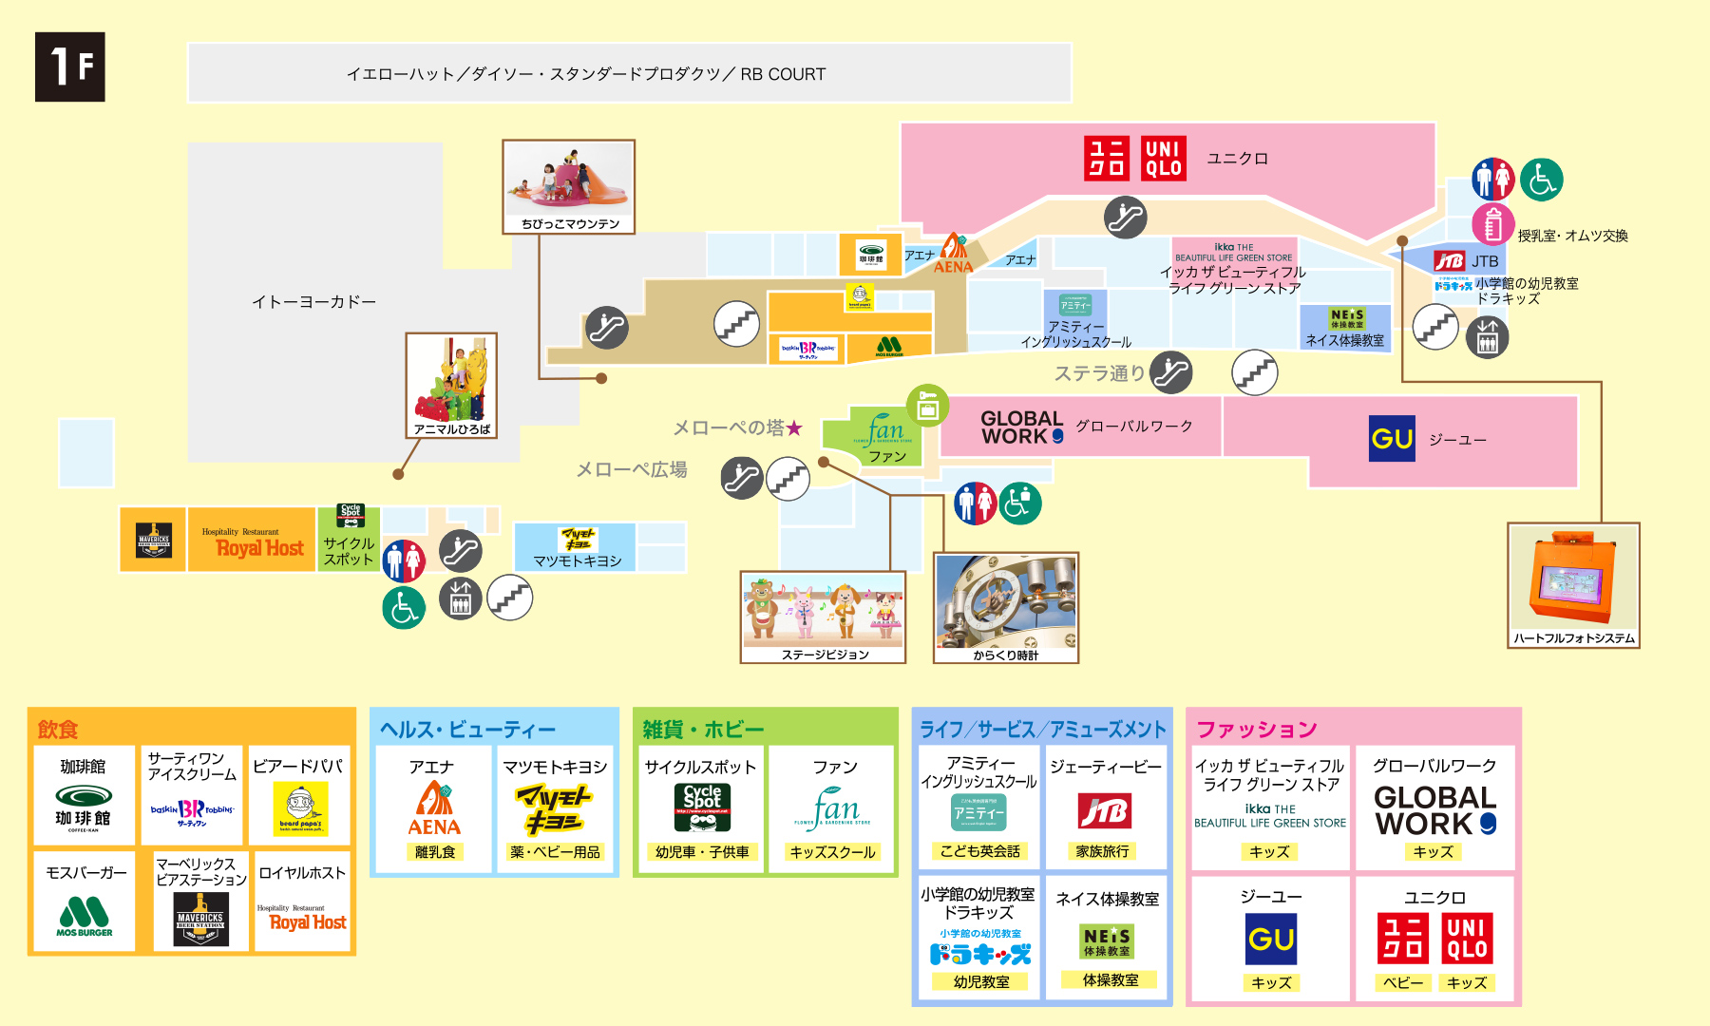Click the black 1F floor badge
pos(70,67)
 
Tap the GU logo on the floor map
pos(1392,439)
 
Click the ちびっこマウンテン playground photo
pos(568,180)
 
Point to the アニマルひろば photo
pos(451,378)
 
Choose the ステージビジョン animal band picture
pos(824,611)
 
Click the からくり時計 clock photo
pos(1006,601)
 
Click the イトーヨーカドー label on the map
pos(313,302)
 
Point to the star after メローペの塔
pos(794,428)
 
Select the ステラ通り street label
pos(1099,373)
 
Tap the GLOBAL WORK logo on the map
pos(1022,427)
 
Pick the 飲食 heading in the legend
pos(58,730)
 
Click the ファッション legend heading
pos(1256,730)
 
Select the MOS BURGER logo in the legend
pos(84,917)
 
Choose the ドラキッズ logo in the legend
pos(980,954)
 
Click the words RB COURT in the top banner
pos(783,74)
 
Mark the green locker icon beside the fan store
pos(927,406)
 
